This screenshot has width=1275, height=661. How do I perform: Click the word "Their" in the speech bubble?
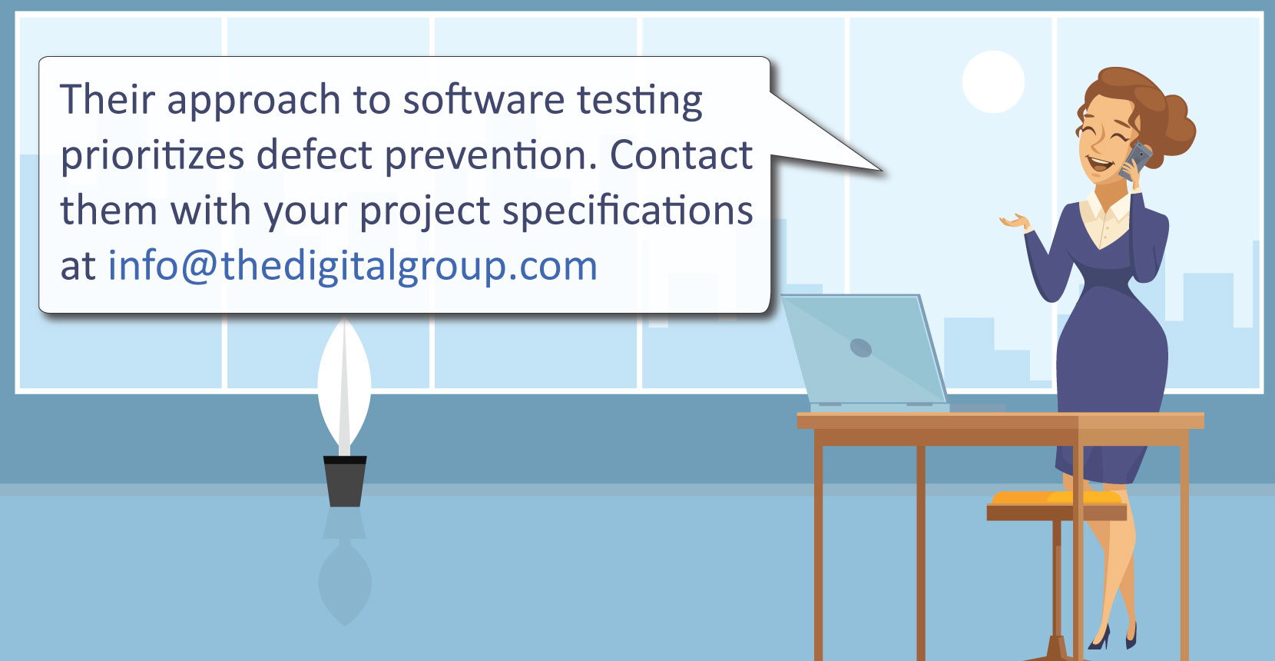[x=108, y=99]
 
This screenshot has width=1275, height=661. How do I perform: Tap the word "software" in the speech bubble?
[x=484, y=99]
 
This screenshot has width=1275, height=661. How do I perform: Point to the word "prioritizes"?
[x=152, y=156]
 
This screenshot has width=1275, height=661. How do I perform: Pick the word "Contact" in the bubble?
[x=681, y=154]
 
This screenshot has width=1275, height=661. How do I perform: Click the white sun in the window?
[x=993, y=81]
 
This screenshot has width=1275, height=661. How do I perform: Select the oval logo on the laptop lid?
[x=860, y=347]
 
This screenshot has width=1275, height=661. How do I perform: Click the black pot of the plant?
[x=345, y=481]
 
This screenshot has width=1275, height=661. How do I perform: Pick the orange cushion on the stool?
[x=1056, y=497]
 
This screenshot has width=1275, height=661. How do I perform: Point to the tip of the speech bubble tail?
[x=883, y=171]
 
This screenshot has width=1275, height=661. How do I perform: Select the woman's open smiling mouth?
[x=1099, y=165]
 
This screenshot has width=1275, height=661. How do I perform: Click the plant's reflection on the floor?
[x=345, y=567]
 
